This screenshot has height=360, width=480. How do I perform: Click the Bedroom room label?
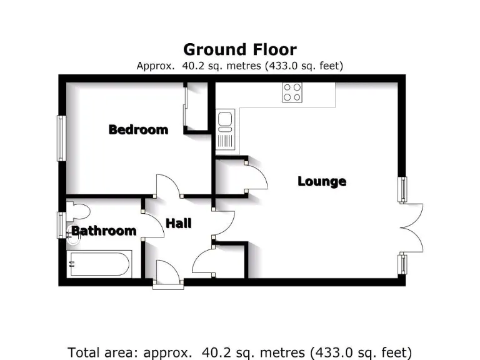(138, 130)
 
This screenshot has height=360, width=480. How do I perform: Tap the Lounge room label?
(321, 182)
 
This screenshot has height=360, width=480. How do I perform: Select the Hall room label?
(178, 223)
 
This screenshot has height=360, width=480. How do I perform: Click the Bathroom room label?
(104, 231)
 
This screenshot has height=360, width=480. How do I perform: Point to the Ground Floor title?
(239, 49)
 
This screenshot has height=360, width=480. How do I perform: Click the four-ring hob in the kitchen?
(292, 92)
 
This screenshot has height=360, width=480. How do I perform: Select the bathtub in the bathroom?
(99, 264)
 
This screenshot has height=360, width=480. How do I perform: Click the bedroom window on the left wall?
(61, 138)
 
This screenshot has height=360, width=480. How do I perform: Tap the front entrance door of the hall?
(168, 276)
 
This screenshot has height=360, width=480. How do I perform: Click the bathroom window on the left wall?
(61, 224)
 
